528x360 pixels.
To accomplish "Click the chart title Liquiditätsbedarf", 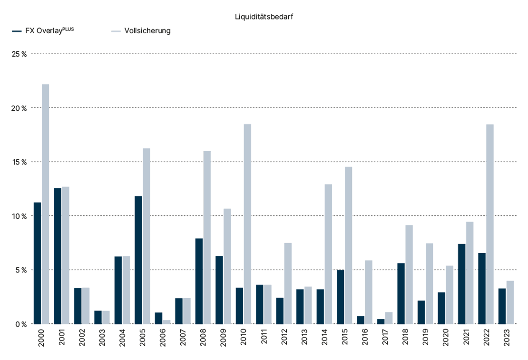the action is tap(264, 17).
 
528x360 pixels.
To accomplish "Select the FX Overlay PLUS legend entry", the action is tap(43, 30).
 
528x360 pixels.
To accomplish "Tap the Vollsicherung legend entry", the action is tap(141, 30).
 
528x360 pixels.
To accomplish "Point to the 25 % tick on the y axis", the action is tap(19, 54).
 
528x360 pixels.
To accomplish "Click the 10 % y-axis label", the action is tap(19, 216).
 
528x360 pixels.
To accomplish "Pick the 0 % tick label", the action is tap(21, 324).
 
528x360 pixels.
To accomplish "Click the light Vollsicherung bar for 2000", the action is tap(46, 204).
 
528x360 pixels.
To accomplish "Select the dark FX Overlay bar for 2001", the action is tap(58, 256).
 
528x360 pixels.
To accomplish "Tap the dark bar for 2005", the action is tap(138, 260).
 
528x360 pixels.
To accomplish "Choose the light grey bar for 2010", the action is tap(247, 224).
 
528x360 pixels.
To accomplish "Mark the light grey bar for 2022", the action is tap(490, 224).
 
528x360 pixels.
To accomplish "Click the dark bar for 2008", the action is tap(199, 281).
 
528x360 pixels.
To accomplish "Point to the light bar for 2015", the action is tap(349, 245).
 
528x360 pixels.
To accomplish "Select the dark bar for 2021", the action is tap(462, 284).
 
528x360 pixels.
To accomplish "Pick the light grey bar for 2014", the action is tap(328, 254).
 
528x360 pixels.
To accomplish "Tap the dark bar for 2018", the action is tap(401, 293).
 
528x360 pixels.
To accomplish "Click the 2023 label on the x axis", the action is tap(507, 337).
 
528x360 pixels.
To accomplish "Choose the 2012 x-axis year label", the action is tap(284, 337).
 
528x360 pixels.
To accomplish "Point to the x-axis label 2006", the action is tap(163, 337).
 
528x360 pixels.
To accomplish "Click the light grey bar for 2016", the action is tap(369, 292).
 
